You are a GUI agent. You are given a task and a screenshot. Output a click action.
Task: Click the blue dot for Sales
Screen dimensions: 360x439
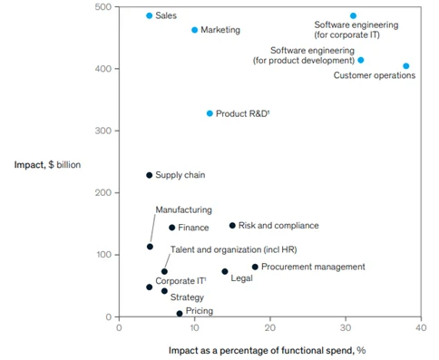(x=150, y=15)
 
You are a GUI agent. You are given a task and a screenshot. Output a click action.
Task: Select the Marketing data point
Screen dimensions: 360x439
(x=194, y=30)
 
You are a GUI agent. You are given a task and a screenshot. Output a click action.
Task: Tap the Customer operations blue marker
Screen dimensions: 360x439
(x=405, y=65)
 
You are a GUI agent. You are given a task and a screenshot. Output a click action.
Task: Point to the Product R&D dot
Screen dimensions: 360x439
(x=210, y=113)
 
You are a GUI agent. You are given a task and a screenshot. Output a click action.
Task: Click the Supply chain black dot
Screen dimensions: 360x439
(x=150, y=175)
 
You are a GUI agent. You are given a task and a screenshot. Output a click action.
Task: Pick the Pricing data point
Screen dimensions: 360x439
(x=180, y=313)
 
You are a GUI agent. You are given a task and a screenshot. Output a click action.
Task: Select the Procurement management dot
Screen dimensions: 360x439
(x=255, y=267)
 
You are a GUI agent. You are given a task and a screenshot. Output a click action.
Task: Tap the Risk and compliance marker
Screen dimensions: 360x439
(x=232, y=225)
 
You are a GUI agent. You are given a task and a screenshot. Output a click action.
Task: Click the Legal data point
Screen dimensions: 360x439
(x=225, y=271)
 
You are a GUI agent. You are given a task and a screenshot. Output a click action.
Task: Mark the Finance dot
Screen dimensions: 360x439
(x=171, y=228)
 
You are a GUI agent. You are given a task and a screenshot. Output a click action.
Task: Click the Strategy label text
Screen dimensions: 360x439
(x=187, y=297)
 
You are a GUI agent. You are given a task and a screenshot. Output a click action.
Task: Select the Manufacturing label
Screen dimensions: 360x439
(x=183, y=209)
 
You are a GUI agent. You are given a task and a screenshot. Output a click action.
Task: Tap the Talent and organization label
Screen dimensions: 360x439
(x=234, y=249)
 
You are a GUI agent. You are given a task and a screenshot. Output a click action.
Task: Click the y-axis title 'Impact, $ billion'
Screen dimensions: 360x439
(x=48, y=164)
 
